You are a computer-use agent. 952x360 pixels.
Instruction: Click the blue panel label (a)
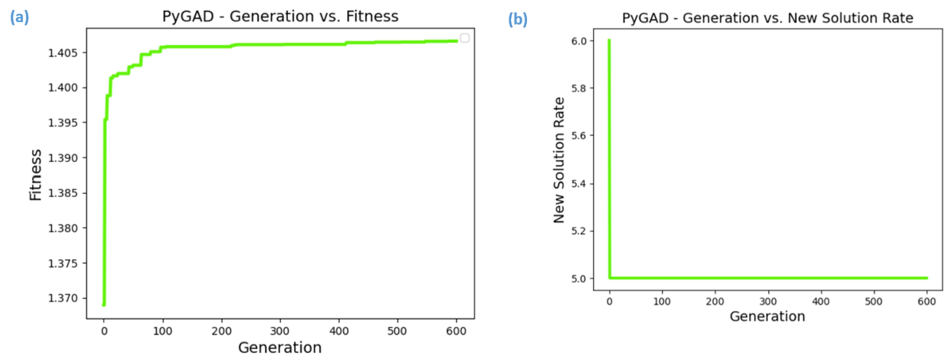19,17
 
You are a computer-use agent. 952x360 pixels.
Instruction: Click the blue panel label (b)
517,19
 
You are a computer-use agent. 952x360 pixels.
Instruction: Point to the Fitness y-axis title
36,175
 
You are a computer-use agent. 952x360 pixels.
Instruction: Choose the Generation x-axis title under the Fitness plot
280,347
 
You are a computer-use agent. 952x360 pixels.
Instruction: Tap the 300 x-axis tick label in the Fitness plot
280,331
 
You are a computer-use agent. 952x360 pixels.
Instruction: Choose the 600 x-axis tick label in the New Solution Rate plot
926,302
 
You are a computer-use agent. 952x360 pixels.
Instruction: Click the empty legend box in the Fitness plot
465,38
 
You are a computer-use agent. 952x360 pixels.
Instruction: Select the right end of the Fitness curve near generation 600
457,41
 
